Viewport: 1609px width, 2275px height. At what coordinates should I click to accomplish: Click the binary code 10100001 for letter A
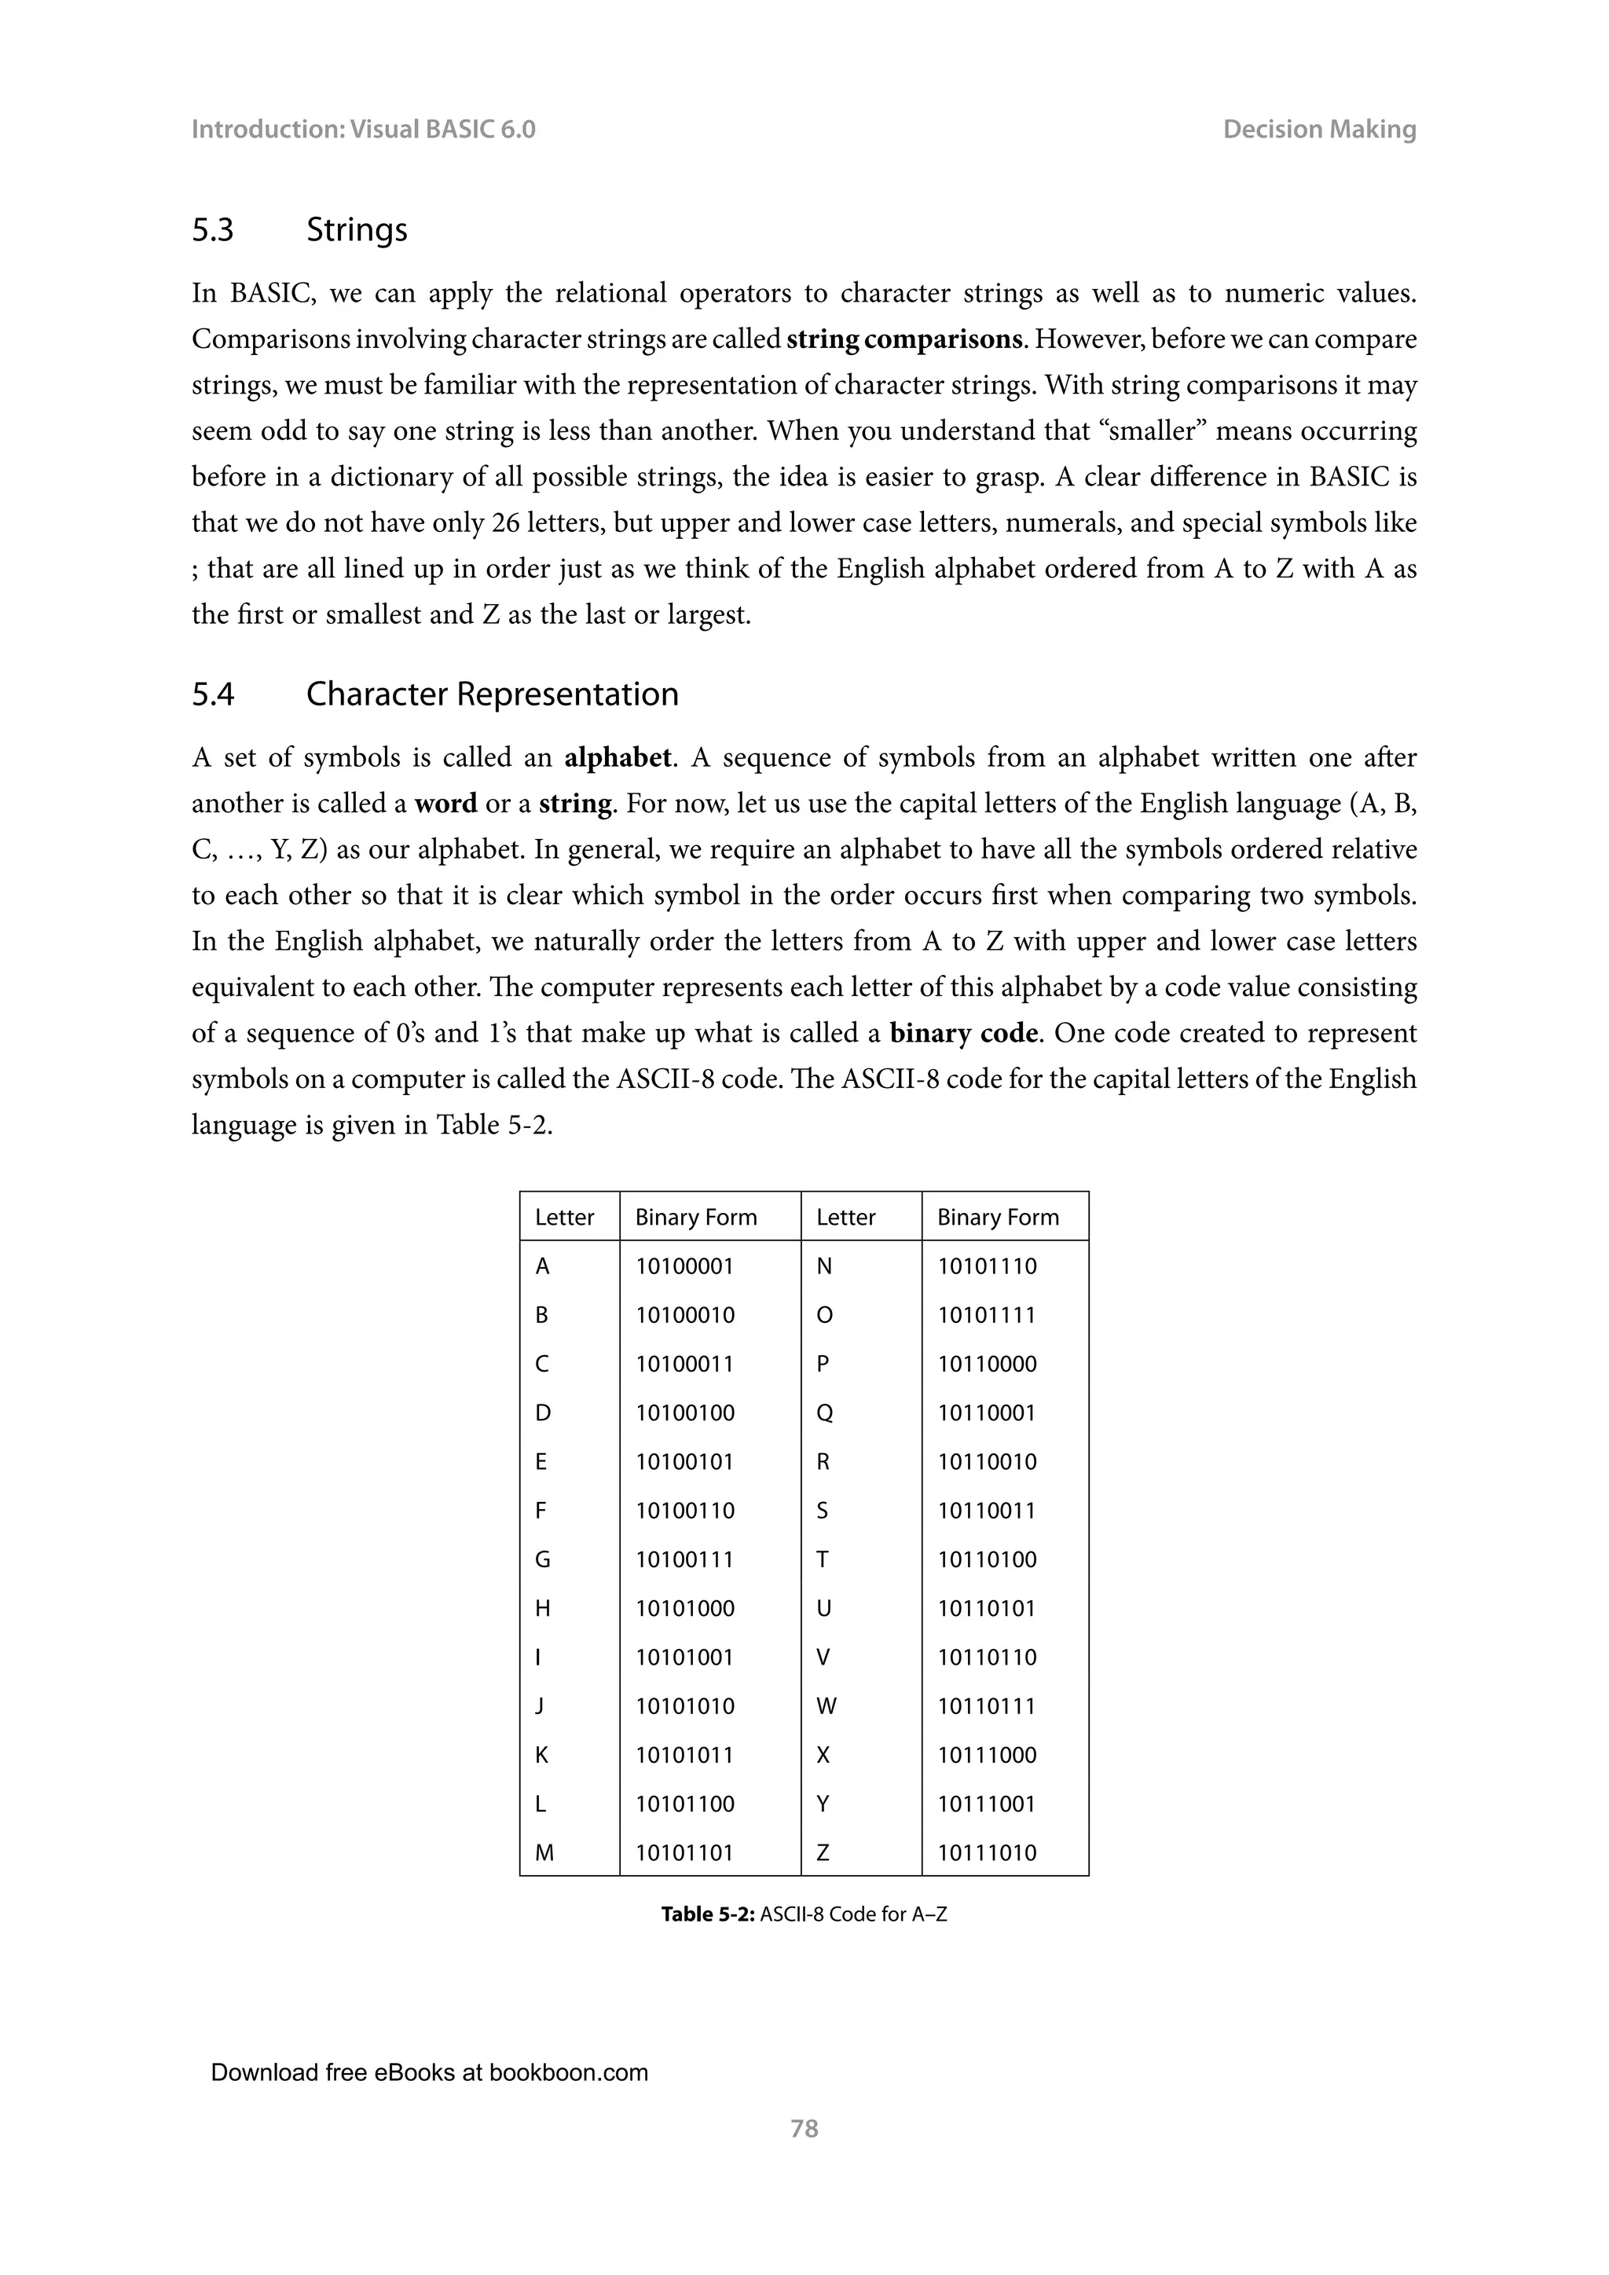click(x=684, y=1266)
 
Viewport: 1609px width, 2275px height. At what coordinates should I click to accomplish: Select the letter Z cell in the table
click(x=823, y=1853)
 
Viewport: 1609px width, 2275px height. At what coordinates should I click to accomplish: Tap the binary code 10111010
click(x=987, y=1853)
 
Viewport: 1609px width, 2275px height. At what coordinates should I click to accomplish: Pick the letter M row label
click(x=544, y=1853)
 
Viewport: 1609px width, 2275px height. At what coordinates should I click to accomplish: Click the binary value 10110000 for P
click(x=987, y=1364)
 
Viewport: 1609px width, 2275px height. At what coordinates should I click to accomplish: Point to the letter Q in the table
click(x=824, y=1413)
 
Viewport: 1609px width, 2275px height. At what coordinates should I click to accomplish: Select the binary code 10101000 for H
click(x=684, y=1608)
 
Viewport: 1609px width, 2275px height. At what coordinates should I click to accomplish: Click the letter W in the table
click(x=826, y=1706)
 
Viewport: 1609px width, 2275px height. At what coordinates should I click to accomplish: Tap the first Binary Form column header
click(x=695, y=1217)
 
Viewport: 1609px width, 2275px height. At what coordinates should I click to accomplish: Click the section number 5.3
click(x=212, y=230)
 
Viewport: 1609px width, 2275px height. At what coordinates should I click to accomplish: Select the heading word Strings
click(x=357, y=230)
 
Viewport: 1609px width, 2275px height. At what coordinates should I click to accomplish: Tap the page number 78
click(x=804, y=2128)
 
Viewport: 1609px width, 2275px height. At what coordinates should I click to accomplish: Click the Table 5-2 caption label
click(x=707, y=1914)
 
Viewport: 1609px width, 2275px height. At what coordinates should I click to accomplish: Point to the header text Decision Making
click(x=1319, y=129)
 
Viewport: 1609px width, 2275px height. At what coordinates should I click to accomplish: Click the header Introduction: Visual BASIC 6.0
click(x=363, y=129)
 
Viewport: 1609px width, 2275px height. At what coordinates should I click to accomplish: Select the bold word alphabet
click(x=618, y=758)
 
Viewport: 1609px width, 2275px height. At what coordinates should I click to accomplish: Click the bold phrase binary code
click(x=963, y=1034)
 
